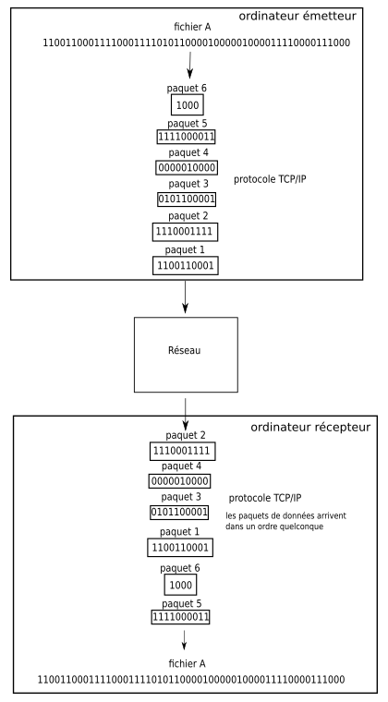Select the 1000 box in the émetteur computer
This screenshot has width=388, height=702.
tap(186, 106)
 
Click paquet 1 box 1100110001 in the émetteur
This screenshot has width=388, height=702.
tap(186, 265)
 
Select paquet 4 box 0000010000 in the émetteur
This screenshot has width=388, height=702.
tap(186, 168)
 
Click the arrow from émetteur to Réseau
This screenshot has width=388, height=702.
tap(186, 297)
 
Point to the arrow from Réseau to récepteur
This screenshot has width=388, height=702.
tap(186, 405)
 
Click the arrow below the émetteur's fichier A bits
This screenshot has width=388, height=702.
tap(190, 64)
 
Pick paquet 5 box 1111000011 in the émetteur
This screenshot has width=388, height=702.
tap(186, 137)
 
